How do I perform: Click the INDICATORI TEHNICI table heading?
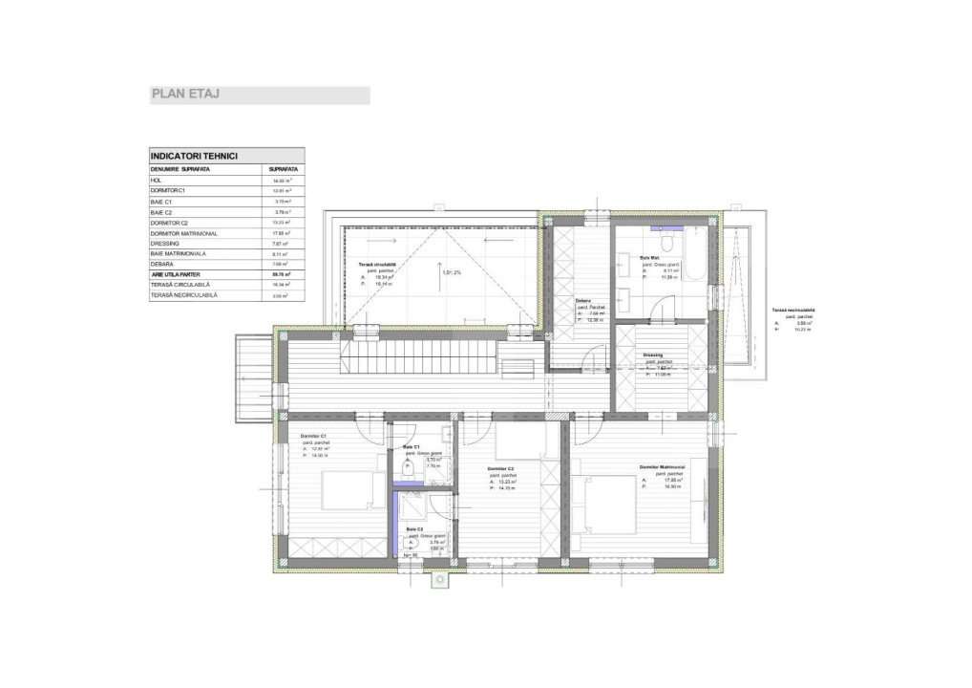click(x=194, y=156)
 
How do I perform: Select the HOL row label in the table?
click(x=157, y=180)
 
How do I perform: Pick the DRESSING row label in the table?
click(x=165, y=243)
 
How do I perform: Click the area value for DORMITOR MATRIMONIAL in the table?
click(x=281, y=232)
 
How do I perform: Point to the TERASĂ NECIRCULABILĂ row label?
click(x=183, y=295)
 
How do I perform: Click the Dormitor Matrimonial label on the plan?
click(x=664, y=467)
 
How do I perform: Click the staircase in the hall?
click(x=418, y=360)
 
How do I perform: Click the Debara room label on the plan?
click(x=582, y=301)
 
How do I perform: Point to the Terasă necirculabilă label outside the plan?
click(x=793, y=310)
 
